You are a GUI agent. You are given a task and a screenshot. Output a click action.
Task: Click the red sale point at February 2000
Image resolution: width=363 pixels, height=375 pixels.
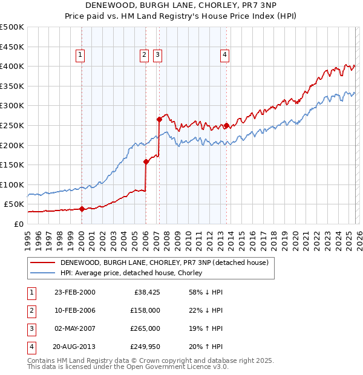point(82,209)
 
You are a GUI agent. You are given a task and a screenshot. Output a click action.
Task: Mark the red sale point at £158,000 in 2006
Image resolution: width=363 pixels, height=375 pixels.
point(146,161)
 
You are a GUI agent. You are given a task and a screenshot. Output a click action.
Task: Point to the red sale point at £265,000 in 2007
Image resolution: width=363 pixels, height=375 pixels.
point(159,119)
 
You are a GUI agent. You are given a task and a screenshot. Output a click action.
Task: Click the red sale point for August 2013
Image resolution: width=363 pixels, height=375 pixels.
point(226,125)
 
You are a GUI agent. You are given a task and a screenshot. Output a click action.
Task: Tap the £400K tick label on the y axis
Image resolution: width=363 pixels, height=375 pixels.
point(12,66)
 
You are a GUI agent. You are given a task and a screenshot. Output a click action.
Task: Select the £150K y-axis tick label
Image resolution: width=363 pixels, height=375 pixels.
point(12,165)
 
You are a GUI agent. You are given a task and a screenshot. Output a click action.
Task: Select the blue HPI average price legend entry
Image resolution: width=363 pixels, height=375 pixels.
point(131,273)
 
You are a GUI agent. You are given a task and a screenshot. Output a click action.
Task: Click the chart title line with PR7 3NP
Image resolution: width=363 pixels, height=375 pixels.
point(181,5)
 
